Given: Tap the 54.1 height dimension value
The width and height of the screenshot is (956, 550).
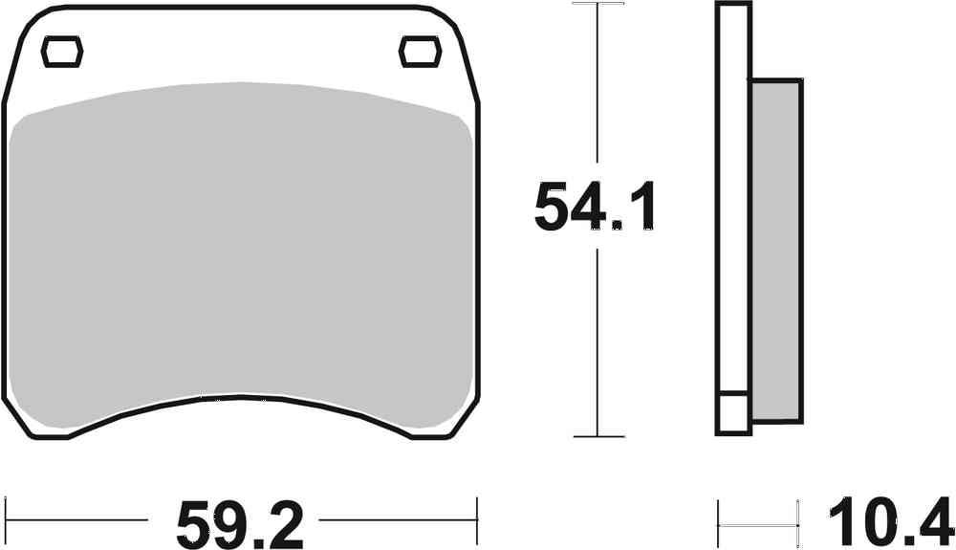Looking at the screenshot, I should pos(596,207).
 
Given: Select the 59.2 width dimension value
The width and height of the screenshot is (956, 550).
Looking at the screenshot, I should pos(239,522).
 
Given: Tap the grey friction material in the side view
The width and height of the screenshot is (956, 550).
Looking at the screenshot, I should pos(775,249).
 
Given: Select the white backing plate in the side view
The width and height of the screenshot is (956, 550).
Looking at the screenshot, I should pos(734,191).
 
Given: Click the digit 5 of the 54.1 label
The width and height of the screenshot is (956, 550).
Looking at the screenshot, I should pos(553,207).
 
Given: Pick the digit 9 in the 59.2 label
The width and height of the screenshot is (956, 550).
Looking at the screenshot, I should pos(222,522).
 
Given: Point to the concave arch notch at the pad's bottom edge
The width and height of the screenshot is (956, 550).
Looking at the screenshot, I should pos(239,407).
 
